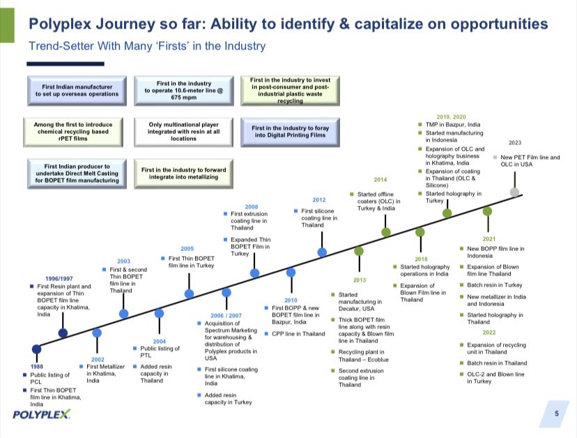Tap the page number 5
[556, 414]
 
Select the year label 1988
[38, 365]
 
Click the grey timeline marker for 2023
[514, 191]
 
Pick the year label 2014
[380, 179]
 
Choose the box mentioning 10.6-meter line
[179, 91]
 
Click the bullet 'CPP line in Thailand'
[298, 334]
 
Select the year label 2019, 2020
[451, 116]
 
